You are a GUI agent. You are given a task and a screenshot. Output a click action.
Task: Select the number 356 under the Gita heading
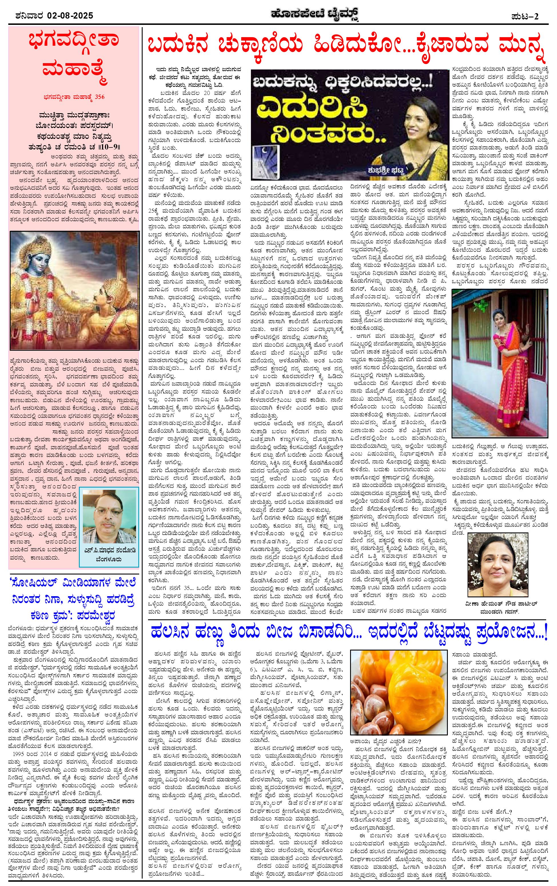(99, 97)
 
